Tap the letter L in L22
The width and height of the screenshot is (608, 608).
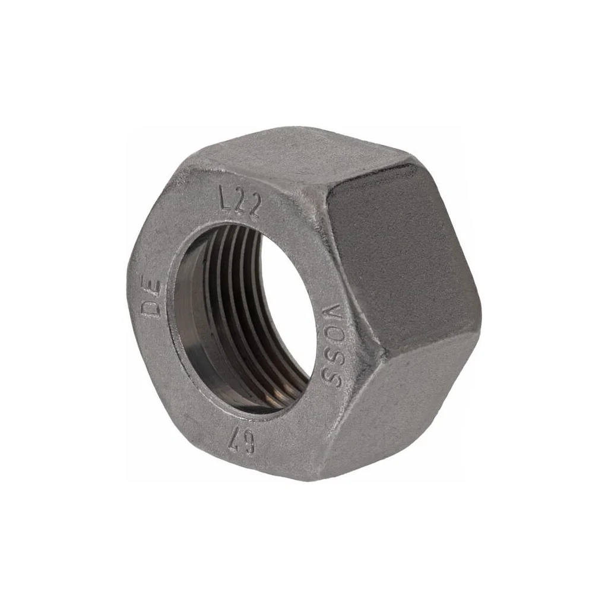pyautogui.click(x=225, y=197)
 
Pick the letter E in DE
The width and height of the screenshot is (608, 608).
pyautogui.click(x=152, y=287)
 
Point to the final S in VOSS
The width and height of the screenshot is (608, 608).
pyautogui.click(x=329, y=378)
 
